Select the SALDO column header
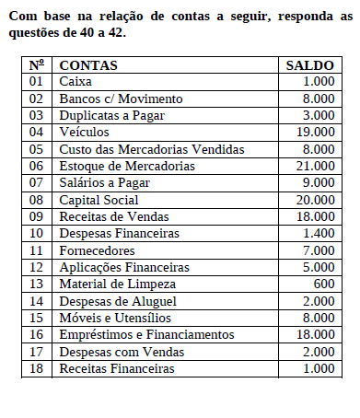(x=310, y=65)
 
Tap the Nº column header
(x=37, y=65)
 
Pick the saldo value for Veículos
(x=316, y=132)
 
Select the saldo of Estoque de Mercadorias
(x=316, y=166)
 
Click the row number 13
(x=37, y=284)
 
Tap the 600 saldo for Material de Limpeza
(x=324, y=284)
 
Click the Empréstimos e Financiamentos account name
(x=147, y=335)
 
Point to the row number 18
(x=37, y=369)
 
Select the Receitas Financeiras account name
(x=116, y=369)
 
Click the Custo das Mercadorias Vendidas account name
(x=151, y=149)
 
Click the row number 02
(x=37, y=99)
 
